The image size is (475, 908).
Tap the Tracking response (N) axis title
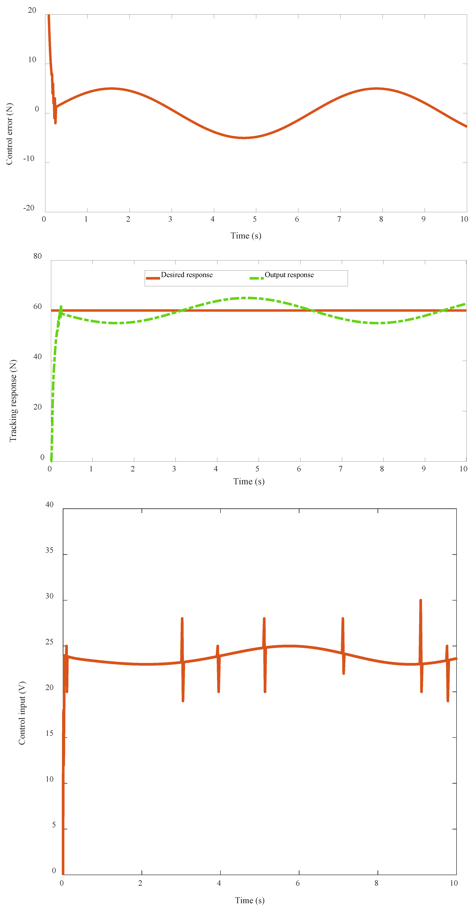[13, 401]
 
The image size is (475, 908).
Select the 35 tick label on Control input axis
[49, 550]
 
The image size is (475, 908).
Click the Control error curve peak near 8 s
[376, 88]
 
